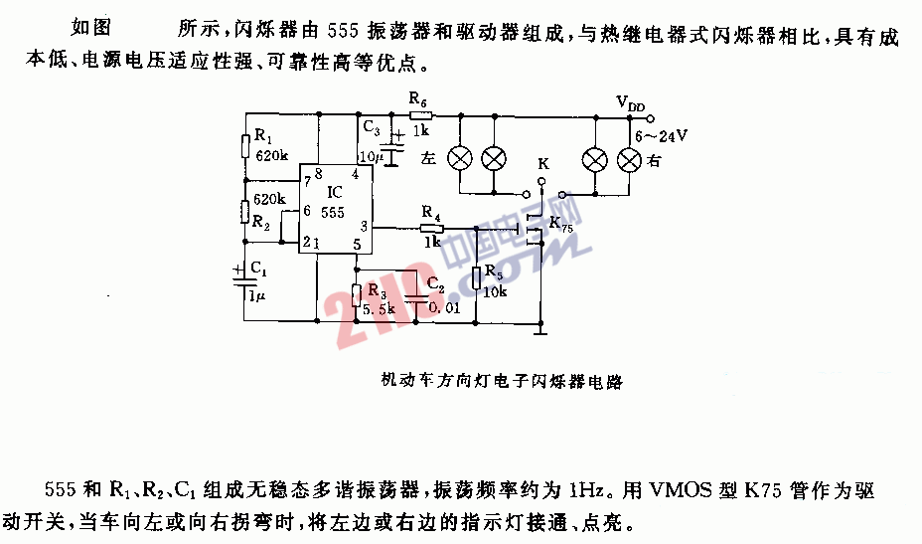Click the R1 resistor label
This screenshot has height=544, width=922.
coord(263,136)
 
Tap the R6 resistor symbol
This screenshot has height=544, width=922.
coord(420,116)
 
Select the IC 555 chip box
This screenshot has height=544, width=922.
coord(335,209)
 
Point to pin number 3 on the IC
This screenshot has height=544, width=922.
coord(364,226)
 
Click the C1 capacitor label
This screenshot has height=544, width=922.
coord(258,270)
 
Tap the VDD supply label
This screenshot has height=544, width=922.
coord(630,103)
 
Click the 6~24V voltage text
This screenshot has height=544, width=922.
coord(661,136)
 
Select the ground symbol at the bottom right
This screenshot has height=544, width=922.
coord(540,331)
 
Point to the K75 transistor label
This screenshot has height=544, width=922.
coord(561,225)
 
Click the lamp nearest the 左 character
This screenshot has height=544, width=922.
coord(460,158)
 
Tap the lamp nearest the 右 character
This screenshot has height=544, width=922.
coord(629,160)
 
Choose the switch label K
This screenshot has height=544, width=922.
coord(543,163)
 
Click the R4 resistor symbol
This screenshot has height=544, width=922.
coord(432,229)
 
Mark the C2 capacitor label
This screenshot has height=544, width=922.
coord(436,284)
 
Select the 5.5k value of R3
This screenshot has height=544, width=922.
coord(379,308)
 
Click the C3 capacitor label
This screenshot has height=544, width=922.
coord(371,127)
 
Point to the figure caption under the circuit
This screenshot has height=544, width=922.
coord(502,381)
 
